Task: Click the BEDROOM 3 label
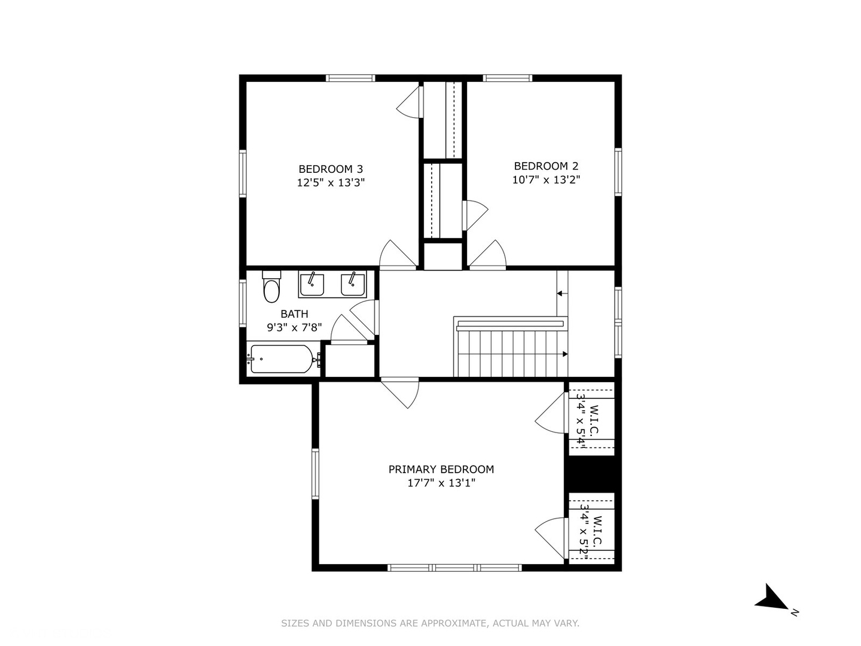click(x=331, y=169)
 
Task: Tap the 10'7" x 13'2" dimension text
click(x=546, y=179)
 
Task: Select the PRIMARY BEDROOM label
click(x=441, y=469)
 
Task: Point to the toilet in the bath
click(x=271, y=287)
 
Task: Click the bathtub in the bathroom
click(x=282, y=359)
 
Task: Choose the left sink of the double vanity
click(x=312, y=285)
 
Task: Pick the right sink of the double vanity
click(x=353, y=285)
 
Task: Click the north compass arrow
click(x=770, y=598)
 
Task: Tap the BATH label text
click(x=294, y=314)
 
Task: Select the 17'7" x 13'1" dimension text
click(x=441, y=483)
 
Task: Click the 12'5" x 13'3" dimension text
click(x=331, y=183)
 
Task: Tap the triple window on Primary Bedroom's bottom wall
click(x=454, y=568)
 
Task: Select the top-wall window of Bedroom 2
click(x=508, y=78)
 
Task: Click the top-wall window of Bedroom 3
click(x=350, y=78)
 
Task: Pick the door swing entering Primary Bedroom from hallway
click(x=400, y=393)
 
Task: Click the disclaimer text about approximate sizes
click(x=430, y=623)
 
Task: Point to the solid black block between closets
click(x=593, y=474)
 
